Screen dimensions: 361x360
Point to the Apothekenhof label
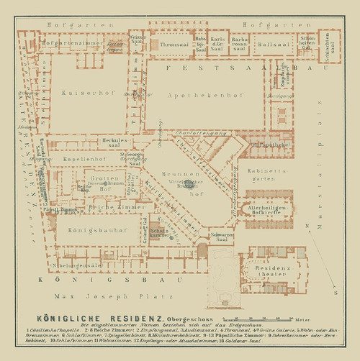click(x=194, y=94)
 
